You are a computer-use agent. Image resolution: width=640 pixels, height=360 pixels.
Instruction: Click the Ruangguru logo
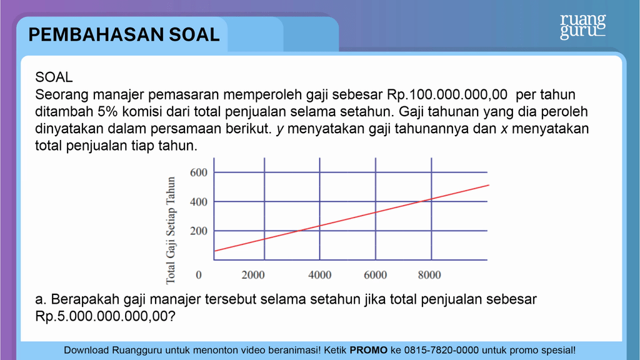[x=582, y=27]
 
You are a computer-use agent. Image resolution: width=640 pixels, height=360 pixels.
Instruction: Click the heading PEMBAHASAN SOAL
[x=124, y=34]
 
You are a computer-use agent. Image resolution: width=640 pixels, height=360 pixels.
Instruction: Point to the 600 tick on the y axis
[x=198, y=172]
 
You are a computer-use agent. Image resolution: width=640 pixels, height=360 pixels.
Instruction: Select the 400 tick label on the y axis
[x=198, y=202]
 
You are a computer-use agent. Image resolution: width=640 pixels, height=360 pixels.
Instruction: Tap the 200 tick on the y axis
[x=198, y=231]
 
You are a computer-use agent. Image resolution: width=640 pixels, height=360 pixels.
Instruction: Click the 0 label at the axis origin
[x=199, y=275]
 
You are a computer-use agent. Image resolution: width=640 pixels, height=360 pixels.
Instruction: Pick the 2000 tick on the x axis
[x=253, y=275]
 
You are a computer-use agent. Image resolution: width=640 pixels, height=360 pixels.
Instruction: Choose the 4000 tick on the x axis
[x=320, y=275]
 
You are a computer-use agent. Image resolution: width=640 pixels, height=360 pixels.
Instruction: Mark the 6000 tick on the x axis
[x=375, y=275]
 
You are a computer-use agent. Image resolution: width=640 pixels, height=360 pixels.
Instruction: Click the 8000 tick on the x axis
[x=429, y=275]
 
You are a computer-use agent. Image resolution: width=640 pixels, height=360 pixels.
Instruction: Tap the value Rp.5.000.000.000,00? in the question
[x=105, y=316]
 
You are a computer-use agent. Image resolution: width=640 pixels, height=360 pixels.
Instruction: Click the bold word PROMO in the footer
[x=369, y=351]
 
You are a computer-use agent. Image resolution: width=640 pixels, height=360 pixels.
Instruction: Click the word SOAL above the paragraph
[x=54, y=77]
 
